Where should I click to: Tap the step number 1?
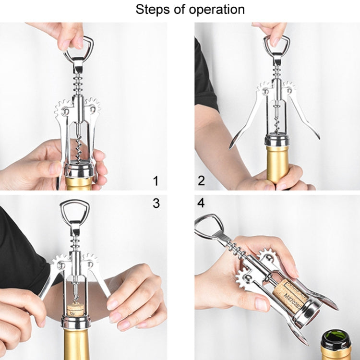point(155,181)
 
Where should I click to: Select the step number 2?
point(202,181)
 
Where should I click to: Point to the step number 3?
point(156,203)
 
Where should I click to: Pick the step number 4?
point(201,203)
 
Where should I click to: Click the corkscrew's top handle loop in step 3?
point(74,211)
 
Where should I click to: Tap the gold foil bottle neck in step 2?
point(277,163)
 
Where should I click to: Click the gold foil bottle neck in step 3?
point(79,343)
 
